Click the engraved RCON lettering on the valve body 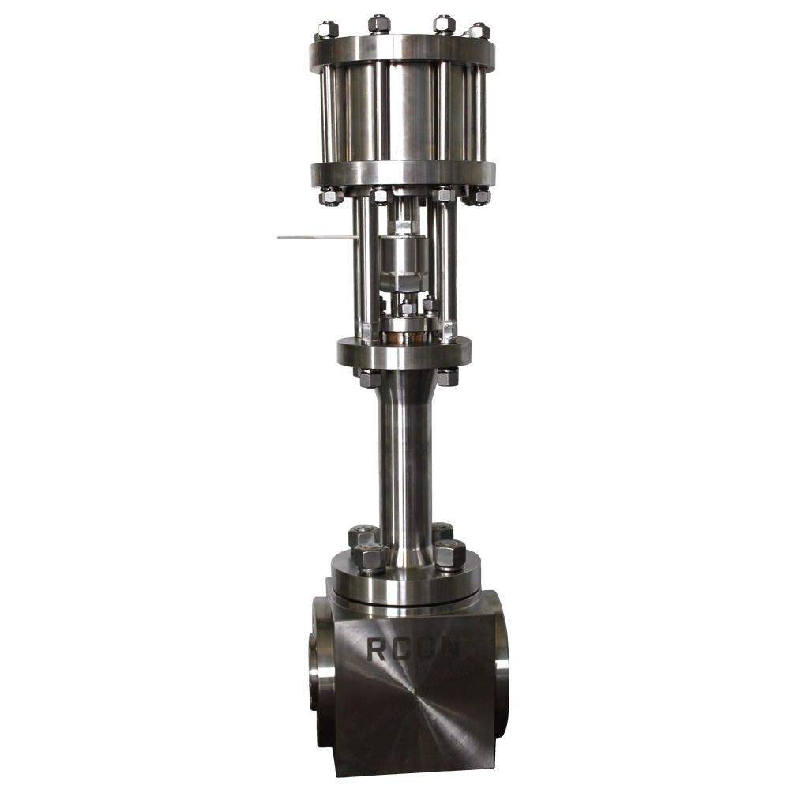[415, 649]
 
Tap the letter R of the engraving [376, 649]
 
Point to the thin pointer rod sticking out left [318, 237]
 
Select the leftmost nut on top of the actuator [328, 29]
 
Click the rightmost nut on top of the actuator [479, 31]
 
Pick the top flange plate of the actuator [402, 51]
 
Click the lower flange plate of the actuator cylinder [403, 175]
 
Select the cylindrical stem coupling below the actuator [404, 263]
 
